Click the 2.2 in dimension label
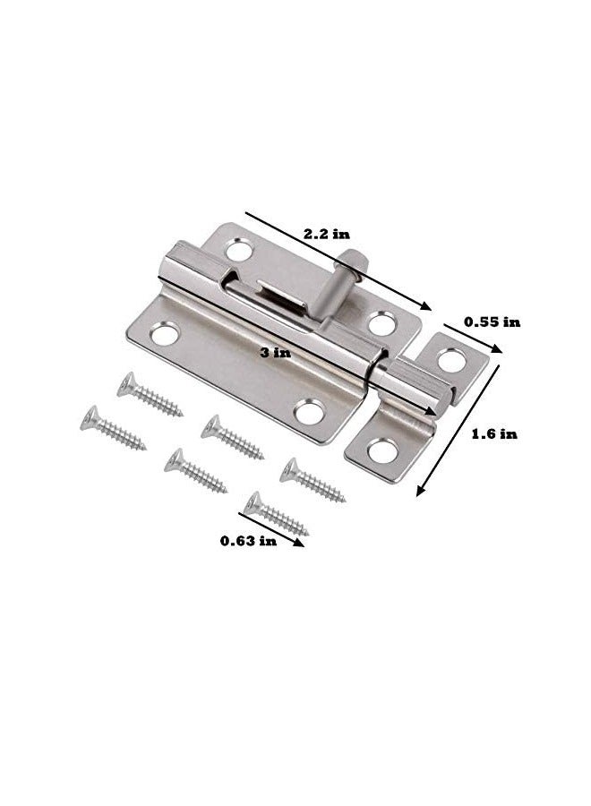coord(326,234)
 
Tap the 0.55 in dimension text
coord(492,322)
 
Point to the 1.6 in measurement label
coord(494,433)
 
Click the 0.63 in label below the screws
coord(248,541)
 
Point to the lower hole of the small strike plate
coord(382,450)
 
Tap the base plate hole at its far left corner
coord(166,336)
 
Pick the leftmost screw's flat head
coord(90,417)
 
